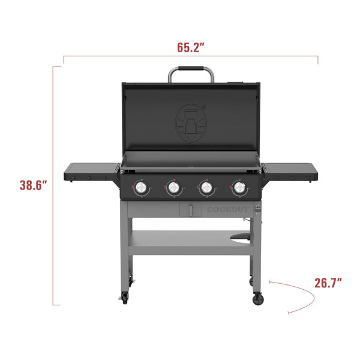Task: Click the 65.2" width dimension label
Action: point(191,47)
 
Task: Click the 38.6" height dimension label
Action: point(33,185)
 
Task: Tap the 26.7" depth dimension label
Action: point(328,283)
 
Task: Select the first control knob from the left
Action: point(141,188)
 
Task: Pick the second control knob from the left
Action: point(173,188)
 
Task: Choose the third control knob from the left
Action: point(206,188)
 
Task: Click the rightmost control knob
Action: point(239,188)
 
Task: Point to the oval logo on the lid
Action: point(191,123)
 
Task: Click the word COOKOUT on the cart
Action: point(228,209)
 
